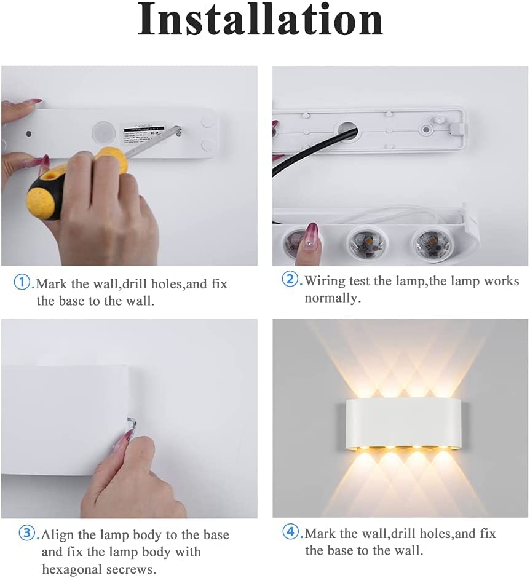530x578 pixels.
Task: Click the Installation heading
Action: pos(260,19)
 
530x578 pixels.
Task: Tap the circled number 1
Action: pos(21,282)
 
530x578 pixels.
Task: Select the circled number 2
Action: pos(290,279)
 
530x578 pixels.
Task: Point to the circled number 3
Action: pos(26,533)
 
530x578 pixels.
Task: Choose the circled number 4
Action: pos(290,531)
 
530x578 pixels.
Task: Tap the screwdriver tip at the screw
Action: pos(179,130)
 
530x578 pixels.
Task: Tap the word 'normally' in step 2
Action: pos(331,298)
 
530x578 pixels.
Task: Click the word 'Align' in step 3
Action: pos(58,535)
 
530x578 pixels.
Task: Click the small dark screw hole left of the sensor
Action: pos(29,133)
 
